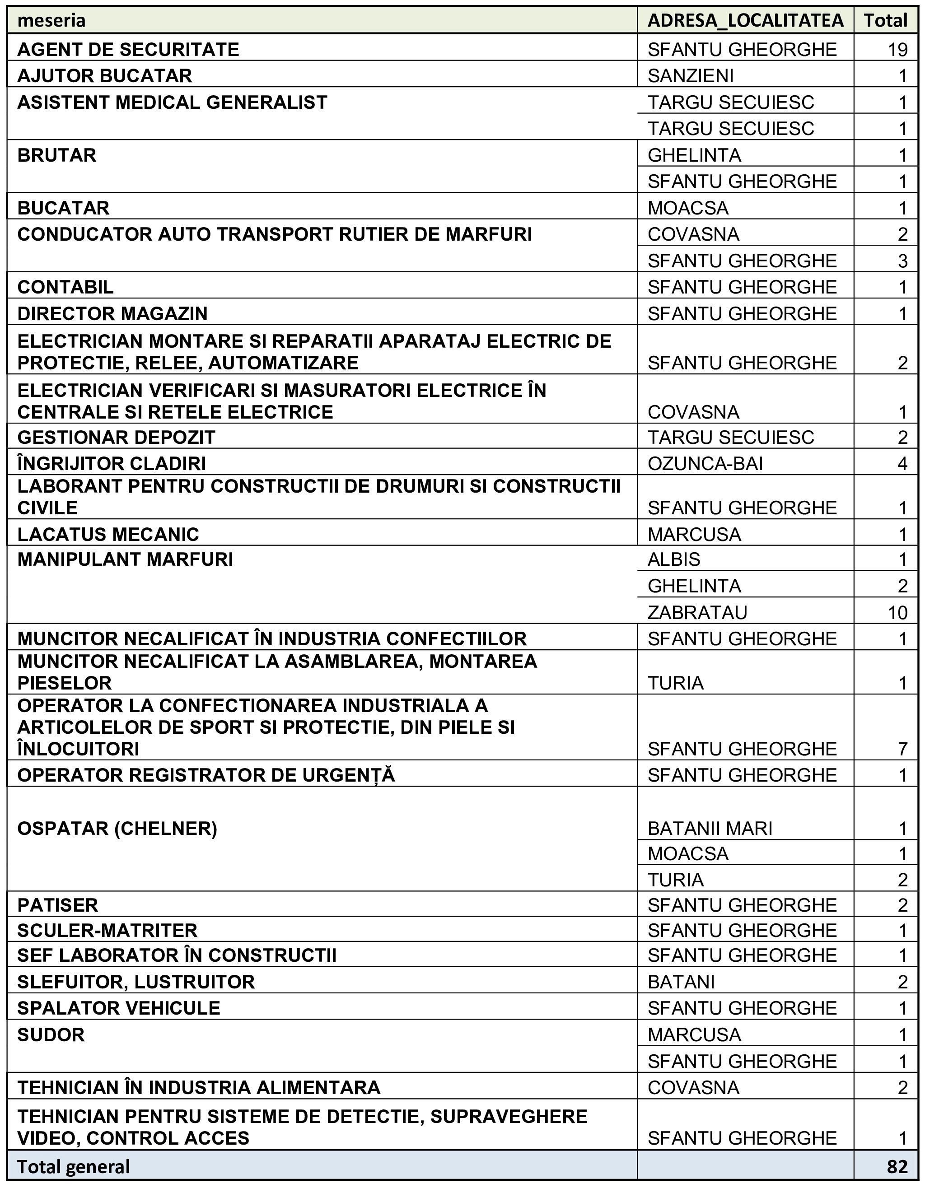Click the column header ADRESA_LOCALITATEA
[x=745, y=21]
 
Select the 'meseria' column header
[x=51, y=21]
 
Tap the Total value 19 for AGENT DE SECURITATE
[x=897, y=50]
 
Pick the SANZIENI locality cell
[x=691, y=75]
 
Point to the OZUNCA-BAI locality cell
[x=705, y=463]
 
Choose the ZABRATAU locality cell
[x=697, y=612]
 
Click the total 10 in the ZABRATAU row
[x=897, y=612]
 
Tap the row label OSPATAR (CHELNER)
[x=117, y=829]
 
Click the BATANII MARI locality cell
[x=710, y=829]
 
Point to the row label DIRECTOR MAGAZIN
[x=112, y=314]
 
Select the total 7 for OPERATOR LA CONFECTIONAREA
[x=902, y=749]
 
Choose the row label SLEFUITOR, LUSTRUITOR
[x=136, y=982]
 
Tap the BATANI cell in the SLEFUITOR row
[x=681, y=982]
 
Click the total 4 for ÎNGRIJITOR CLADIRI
[x=902, y=463]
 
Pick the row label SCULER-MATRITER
[x=107, y=931]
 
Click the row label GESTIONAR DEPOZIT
[x=117, y=438]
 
